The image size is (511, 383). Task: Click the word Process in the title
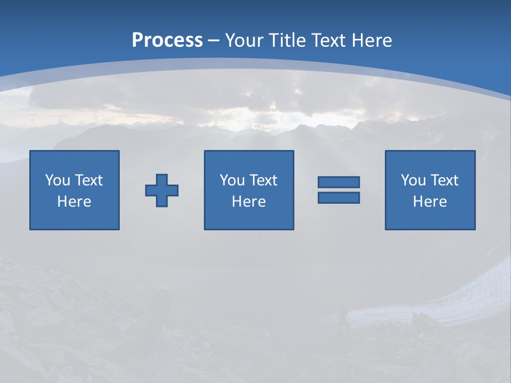point(167,40)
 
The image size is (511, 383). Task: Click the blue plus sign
point(162,190)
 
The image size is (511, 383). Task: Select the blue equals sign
point(339,190)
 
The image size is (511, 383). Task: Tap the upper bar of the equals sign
point(339,182)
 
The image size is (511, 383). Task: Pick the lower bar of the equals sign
point(339,197)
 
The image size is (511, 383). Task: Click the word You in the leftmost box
point(57,180)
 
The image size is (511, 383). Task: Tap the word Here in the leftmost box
point(75,202)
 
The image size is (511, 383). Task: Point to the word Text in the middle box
point(263,180)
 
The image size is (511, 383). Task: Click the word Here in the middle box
point(249,202)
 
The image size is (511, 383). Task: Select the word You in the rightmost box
point(413,180)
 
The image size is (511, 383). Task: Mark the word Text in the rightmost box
point(444,180)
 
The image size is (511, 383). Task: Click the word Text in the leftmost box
point(88,180)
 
